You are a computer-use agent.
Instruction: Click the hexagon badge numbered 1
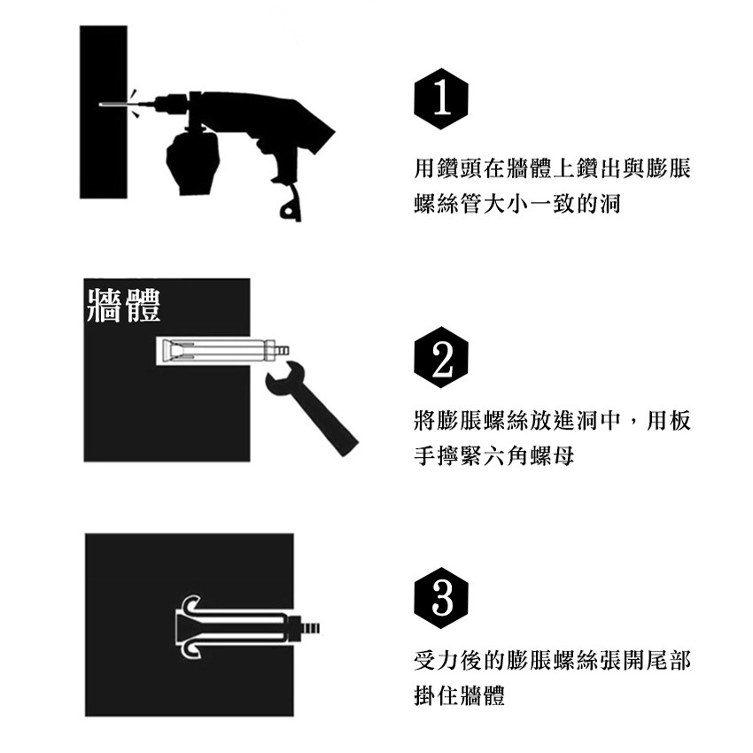(x=441, y=99)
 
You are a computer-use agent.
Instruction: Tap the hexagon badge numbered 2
(x=441, y=357)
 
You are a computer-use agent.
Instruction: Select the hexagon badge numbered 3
(x=441, y=598)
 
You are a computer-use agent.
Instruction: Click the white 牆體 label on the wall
(x=123, y=306)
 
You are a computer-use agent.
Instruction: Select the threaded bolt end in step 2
(x=283, y=350)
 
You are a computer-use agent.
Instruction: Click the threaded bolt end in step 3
(x=310, y=627)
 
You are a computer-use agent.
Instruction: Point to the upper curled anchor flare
(x=193, y=604)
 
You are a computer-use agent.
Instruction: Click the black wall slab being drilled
(x=104, y=112)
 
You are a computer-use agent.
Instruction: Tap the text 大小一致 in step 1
(x=529, y=204)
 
